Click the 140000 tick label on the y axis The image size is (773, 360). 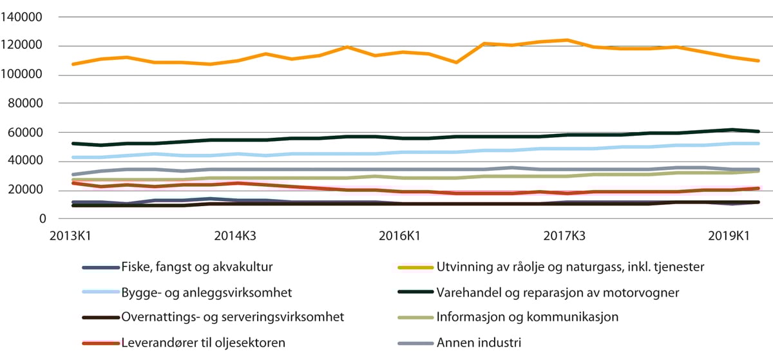[x=24, y=17]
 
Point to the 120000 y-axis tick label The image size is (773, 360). [x=24, y=46]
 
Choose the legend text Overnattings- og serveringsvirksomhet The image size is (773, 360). [x=233, y=317]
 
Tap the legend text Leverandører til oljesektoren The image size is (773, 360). [x=203, y=342]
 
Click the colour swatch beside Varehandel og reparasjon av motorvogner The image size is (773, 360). [x=415, y=292]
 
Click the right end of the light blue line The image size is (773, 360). [x=759, y=144]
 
